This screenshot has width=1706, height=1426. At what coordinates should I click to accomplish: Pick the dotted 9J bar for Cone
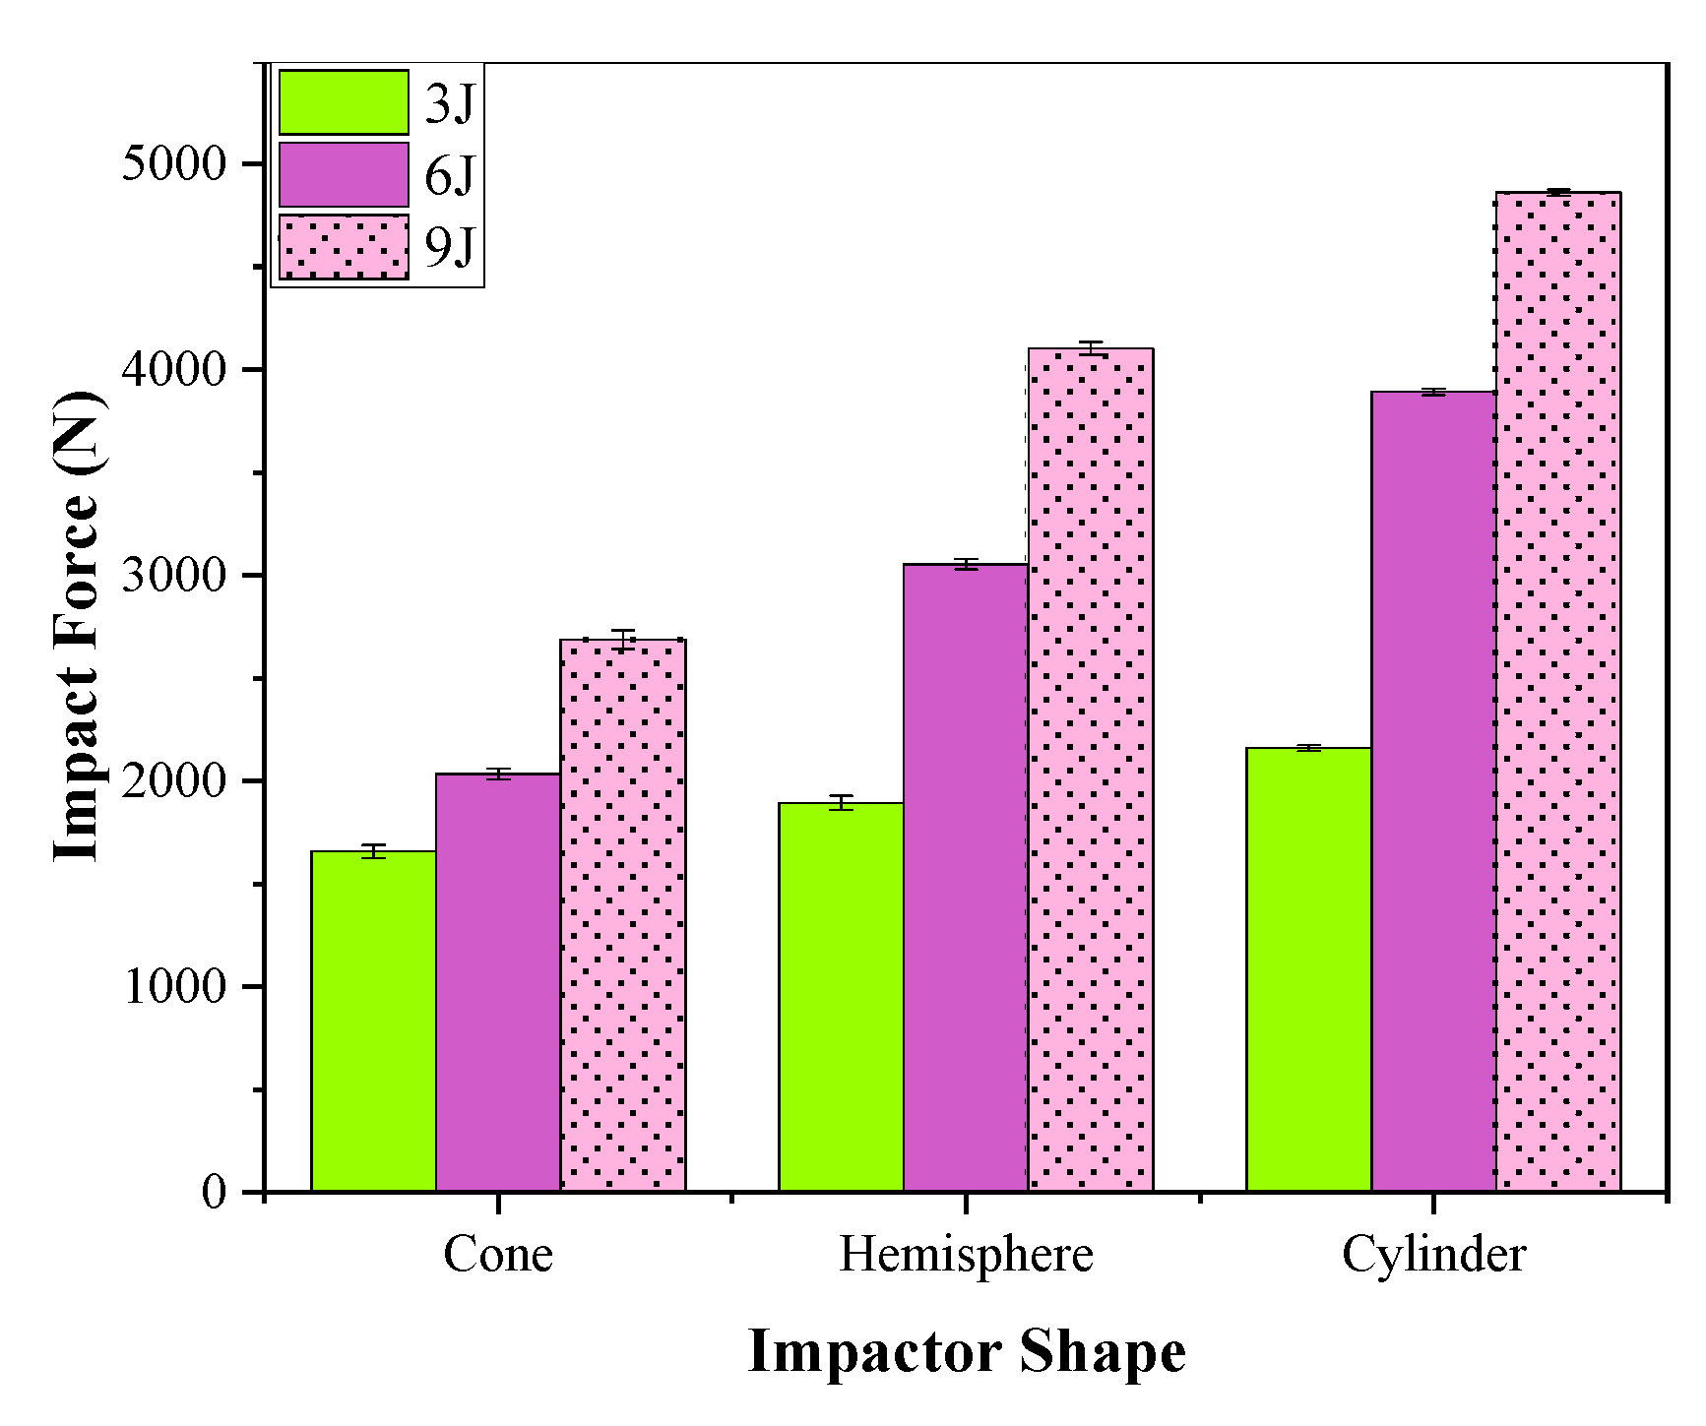(623, 915)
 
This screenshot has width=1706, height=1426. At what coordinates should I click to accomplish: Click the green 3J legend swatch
(344, 102)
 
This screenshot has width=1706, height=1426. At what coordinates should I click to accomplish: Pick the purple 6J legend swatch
(344, 174)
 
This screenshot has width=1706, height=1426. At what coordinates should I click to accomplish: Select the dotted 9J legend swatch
(344, 247)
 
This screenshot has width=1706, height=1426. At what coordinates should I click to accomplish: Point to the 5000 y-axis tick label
(174, 163)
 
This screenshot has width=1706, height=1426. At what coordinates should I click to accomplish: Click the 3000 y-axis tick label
(174, 575)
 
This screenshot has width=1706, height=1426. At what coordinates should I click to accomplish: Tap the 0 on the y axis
(214, 1192)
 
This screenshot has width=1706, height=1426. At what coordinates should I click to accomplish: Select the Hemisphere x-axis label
(966, 1255)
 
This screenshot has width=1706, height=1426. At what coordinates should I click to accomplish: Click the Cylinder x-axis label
(1433, 1255)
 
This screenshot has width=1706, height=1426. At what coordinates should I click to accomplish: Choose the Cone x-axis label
(498, 1255)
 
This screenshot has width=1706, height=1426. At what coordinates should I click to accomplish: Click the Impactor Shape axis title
(966, 1351)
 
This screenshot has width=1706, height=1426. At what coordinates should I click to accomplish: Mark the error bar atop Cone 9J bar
(623, 640)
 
